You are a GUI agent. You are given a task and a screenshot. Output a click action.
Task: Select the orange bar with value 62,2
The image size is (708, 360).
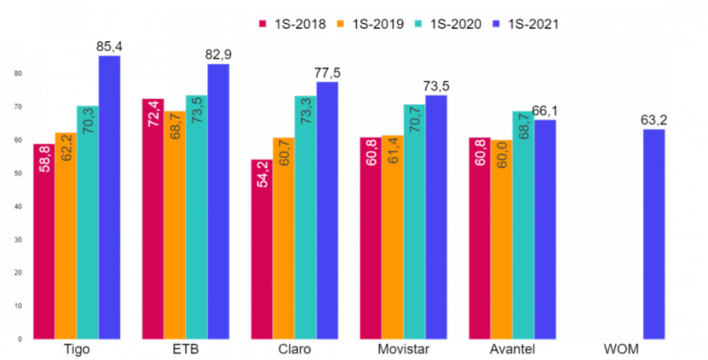[65, 235]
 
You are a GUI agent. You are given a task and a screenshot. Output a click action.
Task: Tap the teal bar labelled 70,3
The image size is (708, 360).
[87, 222]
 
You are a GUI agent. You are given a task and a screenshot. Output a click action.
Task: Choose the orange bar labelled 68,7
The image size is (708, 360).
[174, 224]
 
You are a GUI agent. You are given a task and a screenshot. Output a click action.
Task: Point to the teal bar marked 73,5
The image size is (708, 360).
[196, 217]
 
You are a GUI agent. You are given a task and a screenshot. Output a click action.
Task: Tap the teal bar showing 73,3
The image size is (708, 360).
[305, 217]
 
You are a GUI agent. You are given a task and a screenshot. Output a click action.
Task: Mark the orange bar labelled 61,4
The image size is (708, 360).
[392, 237]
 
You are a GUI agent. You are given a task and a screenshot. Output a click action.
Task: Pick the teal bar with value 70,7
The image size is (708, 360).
[414, 221]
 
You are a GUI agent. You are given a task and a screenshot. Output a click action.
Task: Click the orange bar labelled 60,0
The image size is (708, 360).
[502, 239]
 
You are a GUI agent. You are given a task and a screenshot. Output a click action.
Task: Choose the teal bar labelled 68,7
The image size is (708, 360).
[523, 225]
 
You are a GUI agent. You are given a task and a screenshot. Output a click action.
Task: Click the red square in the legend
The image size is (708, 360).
[263, 24]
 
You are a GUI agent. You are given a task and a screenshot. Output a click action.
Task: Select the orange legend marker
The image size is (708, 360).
[340, 24]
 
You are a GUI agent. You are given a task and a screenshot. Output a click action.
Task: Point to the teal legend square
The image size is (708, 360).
[418, 24]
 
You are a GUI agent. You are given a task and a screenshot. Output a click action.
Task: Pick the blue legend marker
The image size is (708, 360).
[496, 24]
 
